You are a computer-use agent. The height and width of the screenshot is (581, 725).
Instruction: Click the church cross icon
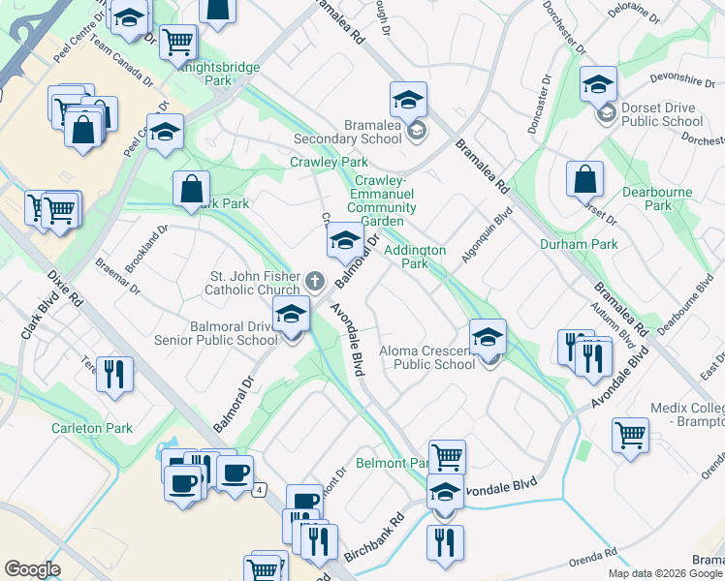click(x=314, y=282)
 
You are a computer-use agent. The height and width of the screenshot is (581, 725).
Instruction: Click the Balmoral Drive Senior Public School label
click(x=215, y=333)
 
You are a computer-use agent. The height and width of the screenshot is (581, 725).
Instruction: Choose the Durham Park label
click(x=579, y=244)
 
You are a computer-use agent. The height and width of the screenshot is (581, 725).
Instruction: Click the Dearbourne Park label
click(x=658, y=199)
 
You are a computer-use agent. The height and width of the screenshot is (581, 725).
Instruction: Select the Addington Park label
click(x=415, y=257)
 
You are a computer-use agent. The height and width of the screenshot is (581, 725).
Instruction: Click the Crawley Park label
click(x=329, y=162)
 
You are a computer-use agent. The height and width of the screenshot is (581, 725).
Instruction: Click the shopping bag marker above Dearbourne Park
click(x=585, y=178)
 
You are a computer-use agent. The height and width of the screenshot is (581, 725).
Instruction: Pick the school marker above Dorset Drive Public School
click(x=599, y=83)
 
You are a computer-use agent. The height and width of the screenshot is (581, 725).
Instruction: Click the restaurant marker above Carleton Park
click(x=114, y=373)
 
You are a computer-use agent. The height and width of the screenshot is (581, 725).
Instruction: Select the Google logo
click(x=32, y=568)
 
